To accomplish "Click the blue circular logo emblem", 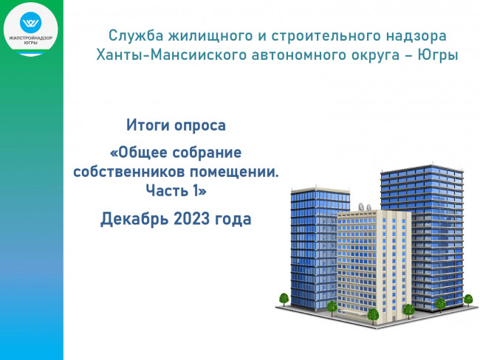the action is point(30,22).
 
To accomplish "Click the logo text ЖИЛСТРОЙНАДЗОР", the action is point(30,38).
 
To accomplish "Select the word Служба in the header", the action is point(136,35).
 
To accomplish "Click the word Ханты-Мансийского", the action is point(171,55).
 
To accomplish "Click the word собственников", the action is point(129,172).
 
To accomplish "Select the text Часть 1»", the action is point(176,190).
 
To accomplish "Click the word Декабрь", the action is point(134,218).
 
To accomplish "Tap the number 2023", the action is point(192,218).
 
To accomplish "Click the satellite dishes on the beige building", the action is point(365,207).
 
